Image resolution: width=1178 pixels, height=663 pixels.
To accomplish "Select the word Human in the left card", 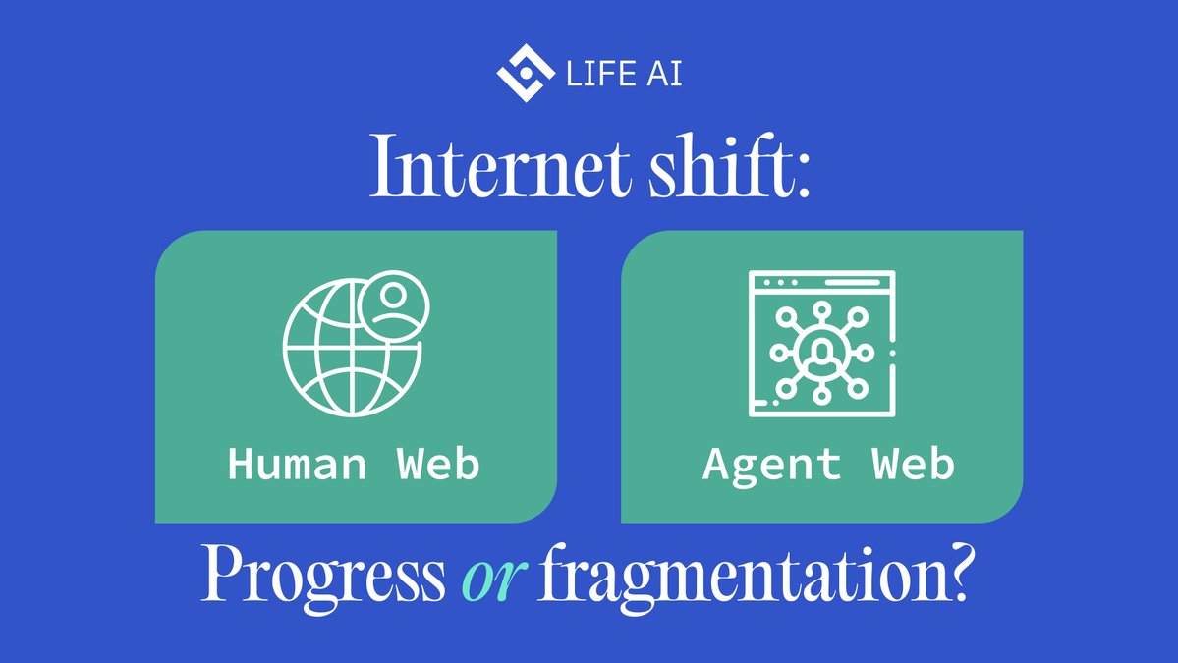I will (296, 463).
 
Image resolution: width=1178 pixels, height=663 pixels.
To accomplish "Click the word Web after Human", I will (439, 463).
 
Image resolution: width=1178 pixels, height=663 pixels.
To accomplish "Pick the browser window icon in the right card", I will (821, 344).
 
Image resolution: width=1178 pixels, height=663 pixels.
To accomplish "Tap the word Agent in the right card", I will (772, 463).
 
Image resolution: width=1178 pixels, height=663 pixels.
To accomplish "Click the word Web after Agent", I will (915, 463).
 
